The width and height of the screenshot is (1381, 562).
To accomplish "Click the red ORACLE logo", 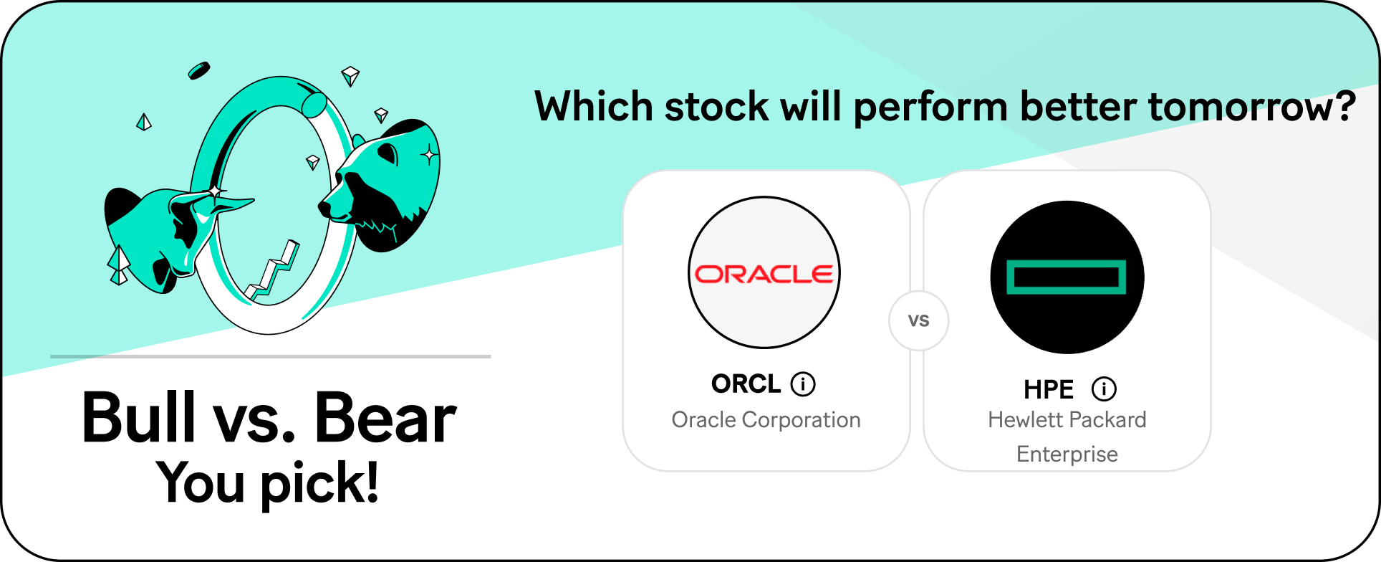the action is coord(764,274).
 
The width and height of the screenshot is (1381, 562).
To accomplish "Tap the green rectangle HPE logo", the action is coord(1067,277).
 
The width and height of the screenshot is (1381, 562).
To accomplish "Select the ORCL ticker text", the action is coord(746,384).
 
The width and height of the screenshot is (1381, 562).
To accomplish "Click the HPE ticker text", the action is coord(1049,390).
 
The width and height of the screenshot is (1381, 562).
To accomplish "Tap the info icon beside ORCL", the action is coord(803,384).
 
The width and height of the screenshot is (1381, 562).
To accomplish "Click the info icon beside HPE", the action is coord(1104,389).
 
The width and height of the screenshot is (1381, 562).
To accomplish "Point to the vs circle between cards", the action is coord(919,320).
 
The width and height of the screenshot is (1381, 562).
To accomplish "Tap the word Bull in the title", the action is coord(139,417).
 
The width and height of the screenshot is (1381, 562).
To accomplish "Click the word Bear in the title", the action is coord(385,417).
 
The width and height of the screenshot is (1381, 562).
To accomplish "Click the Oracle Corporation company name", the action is coord(766,420).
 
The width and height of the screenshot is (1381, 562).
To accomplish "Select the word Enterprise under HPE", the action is coord(1067,454).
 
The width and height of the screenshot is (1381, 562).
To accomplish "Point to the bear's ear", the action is coord(388,153).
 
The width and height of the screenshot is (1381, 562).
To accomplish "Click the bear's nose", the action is coord(324,207).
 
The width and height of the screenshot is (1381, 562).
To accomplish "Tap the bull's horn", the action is coord(228,206).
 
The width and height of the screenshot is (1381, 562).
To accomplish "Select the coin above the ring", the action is coord(198,70).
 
